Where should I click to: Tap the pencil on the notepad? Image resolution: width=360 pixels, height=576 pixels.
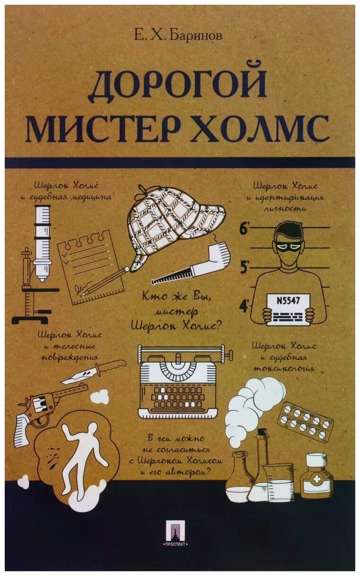(x=106, y=280)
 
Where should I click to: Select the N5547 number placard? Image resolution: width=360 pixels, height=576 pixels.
(x=288, y=309)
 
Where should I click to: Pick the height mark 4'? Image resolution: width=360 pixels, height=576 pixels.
(x=244, y=306)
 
